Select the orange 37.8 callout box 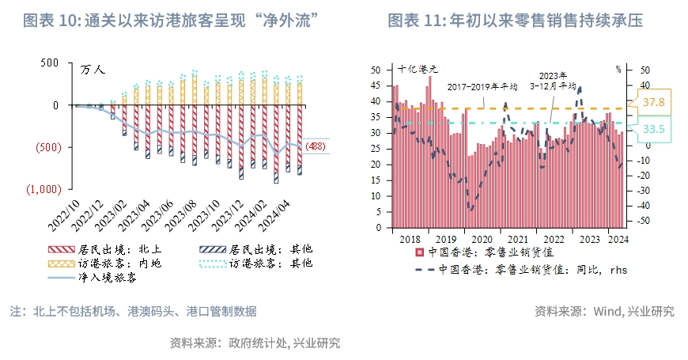point(653,103)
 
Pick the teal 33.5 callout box point(653,129)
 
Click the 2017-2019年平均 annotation point(482,87)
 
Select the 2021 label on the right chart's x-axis point(517,239)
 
